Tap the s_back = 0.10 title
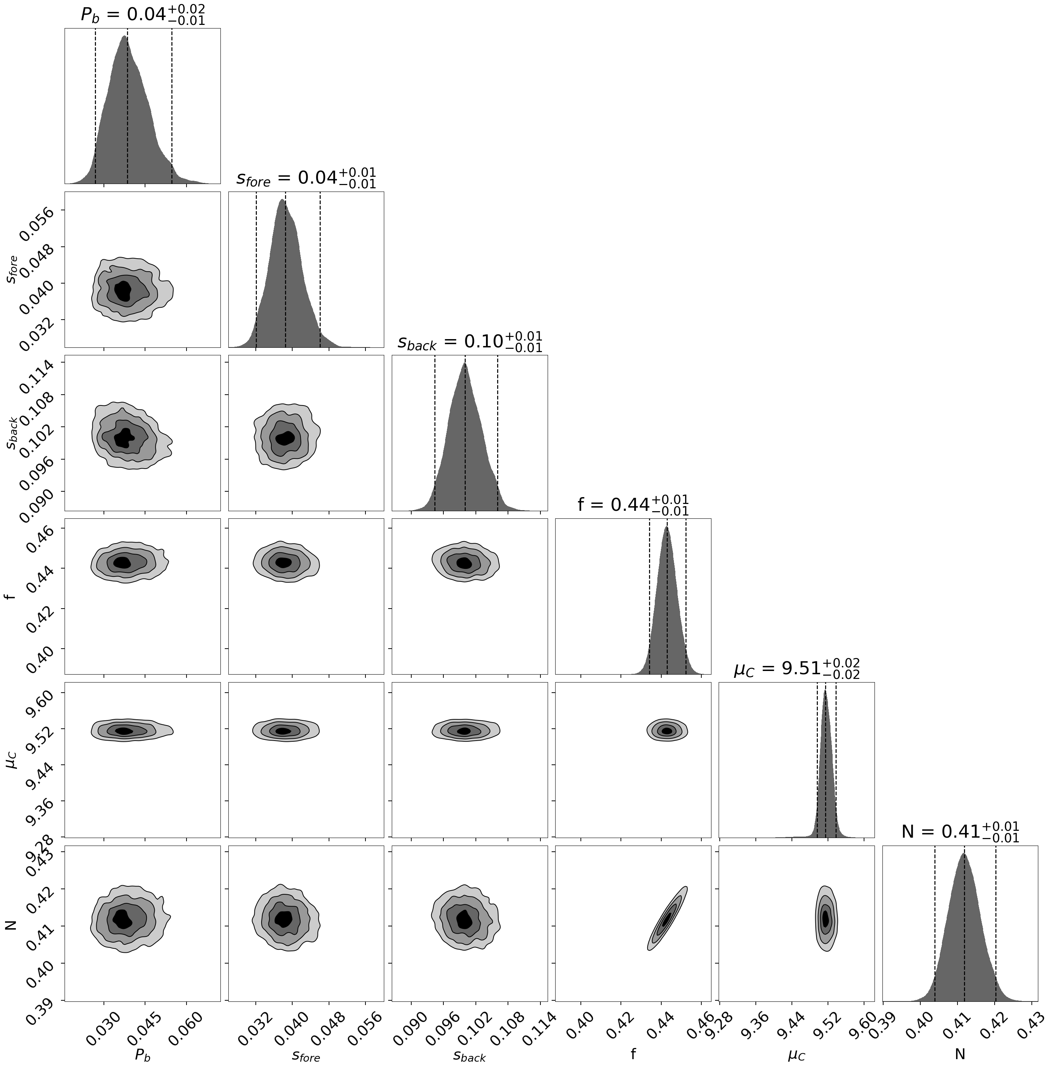[469, 342]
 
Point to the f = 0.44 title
[633, 505]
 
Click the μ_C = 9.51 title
[796, 669]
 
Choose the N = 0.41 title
[960, 832]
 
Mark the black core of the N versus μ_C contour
[825, 919]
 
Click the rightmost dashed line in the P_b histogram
[172, 105]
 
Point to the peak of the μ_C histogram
[825, 691]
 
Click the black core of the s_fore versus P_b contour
[123, 289]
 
